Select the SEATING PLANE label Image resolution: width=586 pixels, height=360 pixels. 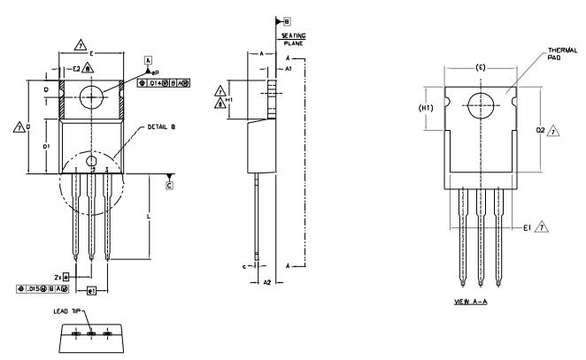293,38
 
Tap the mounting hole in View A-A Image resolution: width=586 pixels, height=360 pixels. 481,103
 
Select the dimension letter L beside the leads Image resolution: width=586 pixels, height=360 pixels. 148,216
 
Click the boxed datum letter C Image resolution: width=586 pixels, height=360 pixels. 170,186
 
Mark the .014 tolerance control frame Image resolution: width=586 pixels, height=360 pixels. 165,81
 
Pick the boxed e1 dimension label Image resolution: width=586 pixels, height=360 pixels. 91,290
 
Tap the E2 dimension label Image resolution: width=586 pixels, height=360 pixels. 76,68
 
